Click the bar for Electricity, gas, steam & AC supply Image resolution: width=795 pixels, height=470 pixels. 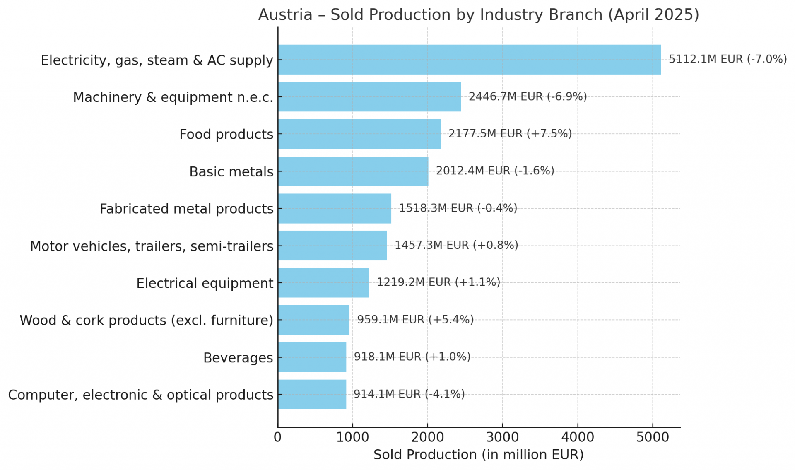[469, 60]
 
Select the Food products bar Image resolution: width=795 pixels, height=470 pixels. [359, 134]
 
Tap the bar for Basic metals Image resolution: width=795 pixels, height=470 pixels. [353, 171]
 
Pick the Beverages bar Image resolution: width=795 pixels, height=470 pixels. [312, 357]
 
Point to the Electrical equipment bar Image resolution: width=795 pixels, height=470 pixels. [323, 283]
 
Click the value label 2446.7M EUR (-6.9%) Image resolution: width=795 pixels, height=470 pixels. [528, 96]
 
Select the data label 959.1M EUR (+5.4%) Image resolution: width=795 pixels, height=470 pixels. [415, 320]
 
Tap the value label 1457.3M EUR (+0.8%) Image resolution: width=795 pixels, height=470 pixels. [456, 245]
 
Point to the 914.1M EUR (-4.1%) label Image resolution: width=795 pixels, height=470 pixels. [409, 394]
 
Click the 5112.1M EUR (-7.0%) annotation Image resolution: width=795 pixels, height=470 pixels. [728, 59]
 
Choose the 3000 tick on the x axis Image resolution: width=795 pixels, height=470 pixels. [502, 437]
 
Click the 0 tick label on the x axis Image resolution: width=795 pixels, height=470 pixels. [277, 437]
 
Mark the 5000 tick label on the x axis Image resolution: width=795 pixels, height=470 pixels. [653, 437]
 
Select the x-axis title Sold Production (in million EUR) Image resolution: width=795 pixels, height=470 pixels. [478, 455]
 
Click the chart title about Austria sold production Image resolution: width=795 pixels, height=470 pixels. [478, 15]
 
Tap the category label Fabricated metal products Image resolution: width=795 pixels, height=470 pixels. [186, 209]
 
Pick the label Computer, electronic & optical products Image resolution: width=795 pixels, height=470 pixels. [141, 395]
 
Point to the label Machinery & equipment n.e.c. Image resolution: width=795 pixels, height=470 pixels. [173, 97]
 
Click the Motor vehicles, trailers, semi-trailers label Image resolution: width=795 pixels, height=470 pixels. [152, 246]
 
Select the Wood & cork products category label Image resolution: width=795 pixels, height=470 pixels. [147, 320]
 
